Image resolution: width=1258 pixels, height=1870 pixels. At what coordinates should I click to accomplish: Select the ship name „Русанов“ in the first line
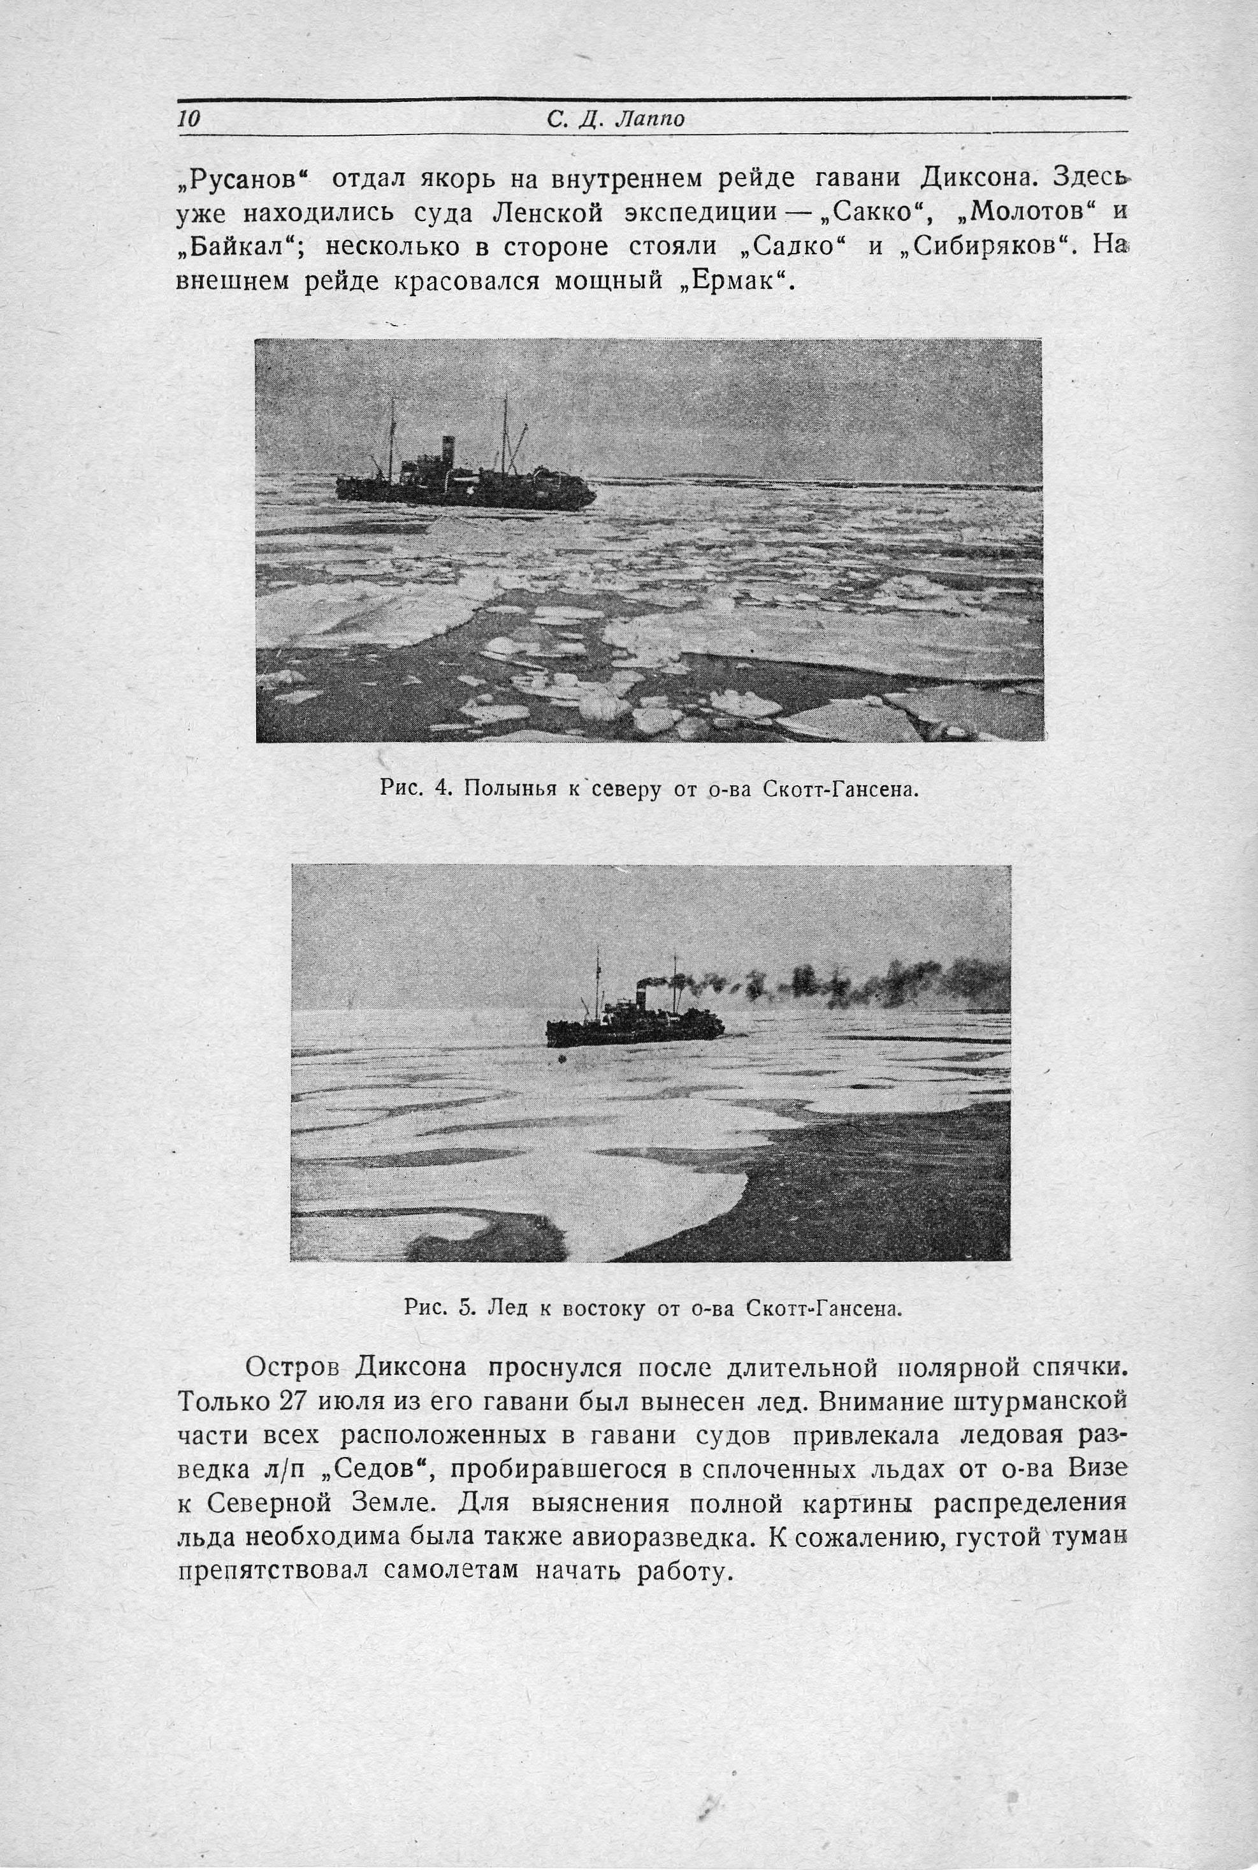pyautogui.click(x=244, y=178)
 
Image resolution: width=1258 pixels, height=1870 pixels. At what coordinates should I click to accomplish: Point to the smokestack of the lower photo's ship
pyautogui.click(x=641, y=996)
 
